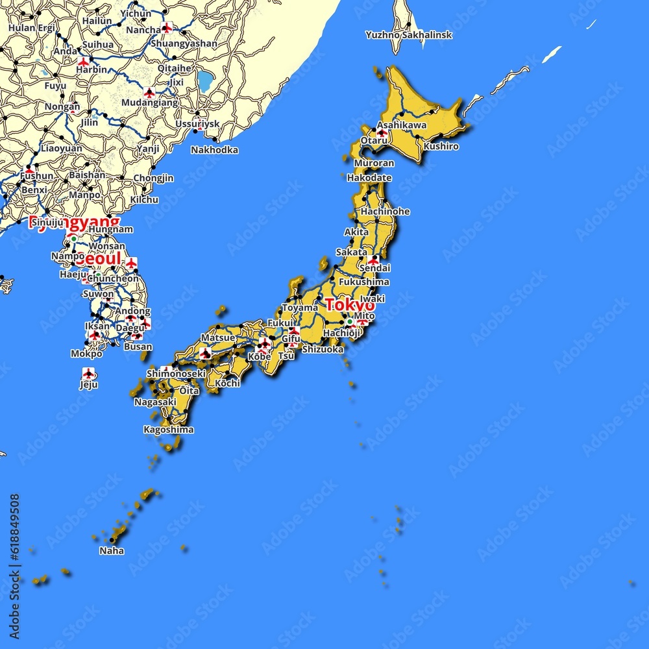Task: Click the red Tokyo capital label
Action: click(x=350, y=304)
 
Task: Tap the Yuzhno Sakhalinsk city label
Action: click(x=408, y=34)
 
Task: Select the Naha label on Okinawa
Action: click(x=112, y=551)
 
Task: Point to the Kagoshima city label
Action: click(x=169, y=430)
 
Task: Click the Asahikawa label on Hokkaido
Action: click(x=402, y=125)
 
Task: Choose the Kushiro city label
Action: click(x=441, y=146)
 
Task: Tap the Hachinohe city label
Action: click(x=385, y=211)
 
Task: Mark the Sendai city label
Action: click(x=374, y=267)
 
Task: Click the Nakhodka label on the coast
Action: click(x=214, y=150)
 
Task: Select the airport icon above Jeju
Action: click(x=89, y=373)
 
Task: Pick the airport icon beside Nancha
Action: click(x=167, y=28)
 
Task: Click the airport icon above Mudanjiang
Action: click(x=149, y=93)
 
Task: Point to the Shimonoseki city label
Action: click(x=176, y=373)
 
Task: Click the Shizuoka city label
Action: click(x=323, y=349)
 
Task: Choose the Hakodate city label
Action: click(x=369, y=177)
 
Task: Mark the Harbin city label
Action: click(x=92, y=69)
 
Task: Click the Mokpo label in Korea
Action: click(x=86, y=354)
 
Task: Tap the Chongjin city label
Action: click(x=153, y=178)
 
